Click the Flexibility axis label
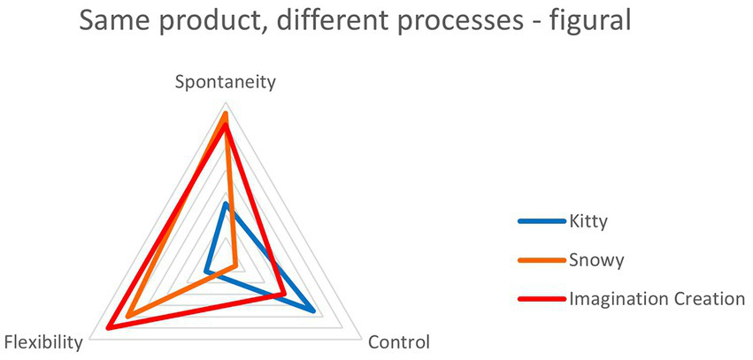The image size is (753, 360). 44,342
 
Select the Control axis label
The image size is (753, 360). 398,342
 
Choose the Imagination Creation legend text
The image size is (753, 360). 657,298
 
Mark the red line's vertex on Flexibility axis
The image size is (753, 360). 108,328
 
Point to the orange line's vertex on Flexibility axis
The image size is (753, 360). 128,316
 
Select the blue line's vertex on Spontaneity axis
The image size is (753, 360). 226,204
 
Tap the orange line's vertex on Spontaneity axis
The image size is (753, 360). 226,114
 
